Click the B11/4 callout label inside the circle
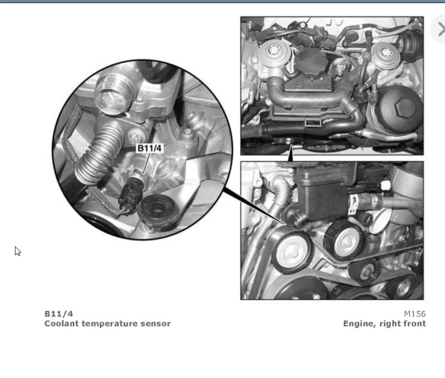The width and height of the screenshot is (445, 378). pyautogui.click(x=149, y=148)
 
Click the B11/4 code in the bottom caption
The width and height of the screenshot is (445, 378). pyautogui.click(x=59, y=313)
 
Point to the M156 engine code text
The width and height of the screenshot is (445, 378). pyautogui.click(x=415, y=313)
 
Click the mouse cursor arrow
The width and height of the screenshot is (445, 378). pyautogui.click(x=18, y=251)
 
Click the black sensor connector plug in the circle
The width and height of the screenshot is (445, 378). pyautogui.click(x=131, y=195)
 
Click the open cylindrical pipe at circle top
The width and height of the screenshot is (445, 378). pyautogui.click(x=113, y=93)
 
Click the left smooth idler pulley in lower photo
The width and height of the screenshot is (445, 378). pyautogui.click(x=292, y=250)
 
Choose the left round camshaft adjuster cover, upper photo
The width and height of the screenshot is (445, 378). pyautogui.click(x=275, y=53)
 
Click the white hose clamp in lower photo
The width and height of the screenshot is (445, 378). pyautogui.click(x=353, y=204)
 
